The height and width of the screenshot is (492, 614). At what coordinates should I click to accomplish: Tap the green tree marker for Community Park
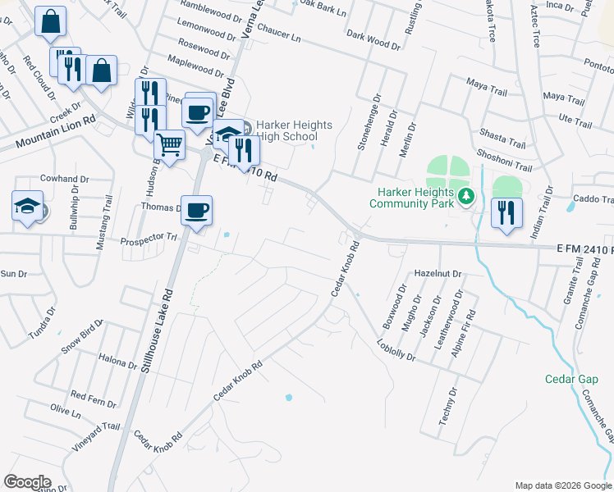(466, 195)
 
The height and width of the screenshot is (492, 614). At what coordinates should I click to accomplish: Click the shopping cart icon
(170, 145)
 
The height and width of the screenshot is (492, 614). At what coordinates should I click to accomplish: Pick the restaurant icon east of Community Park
(506, 212)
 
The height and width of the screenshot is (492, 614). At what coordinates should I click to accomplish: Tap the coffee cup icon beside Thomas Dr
(197, 210)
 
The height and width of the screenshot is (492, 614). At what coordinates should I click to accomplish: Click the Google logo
(27, 482)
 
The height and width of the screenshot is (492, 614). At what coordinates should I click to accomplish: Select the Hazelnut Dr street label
(439, 272)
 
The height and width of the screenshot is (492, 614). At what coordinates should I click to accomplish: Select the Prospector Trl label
(149, 239)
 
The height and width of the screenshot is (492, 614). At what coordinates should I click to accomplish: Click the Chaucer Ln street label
(278, 38)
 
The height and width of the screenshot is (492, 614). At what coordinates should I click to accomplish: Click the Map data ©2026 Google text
(561, 485)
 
